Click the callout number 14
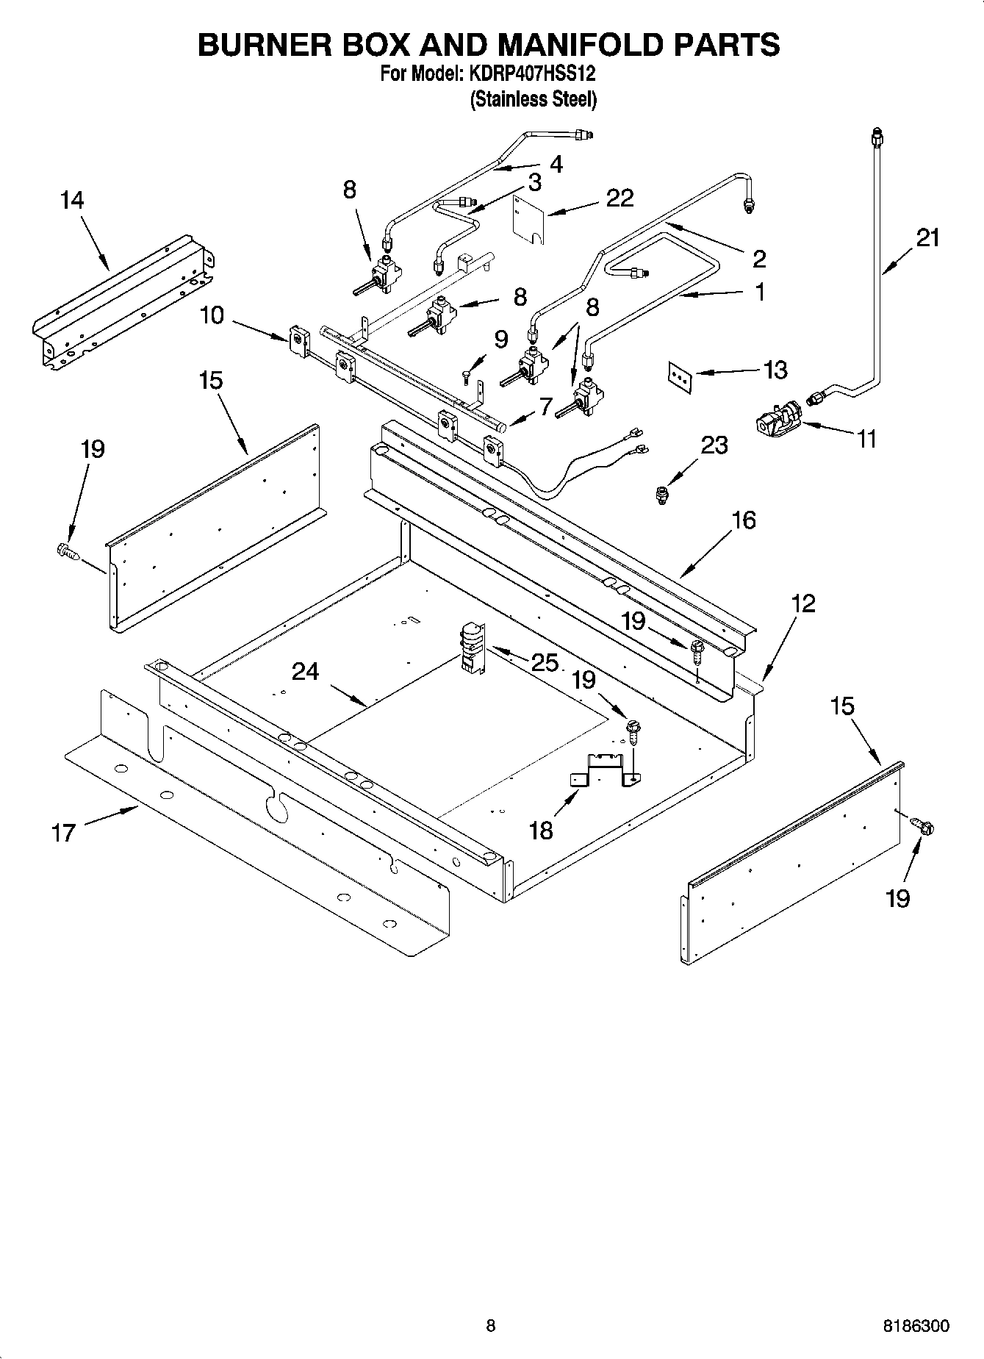pos(72,200)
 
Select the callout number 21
pos(927,237)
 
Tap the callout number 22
pos(620,198)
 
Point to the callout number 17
pos(64,833)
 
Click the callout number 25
pos(545,662)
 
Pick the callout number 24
pos(305,671)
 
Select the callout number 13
pos(775,370)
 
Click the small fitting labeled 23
pos(663,495)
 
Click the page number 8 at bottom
pos(491,1327)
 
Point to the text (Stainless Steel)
pos(534,99)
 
